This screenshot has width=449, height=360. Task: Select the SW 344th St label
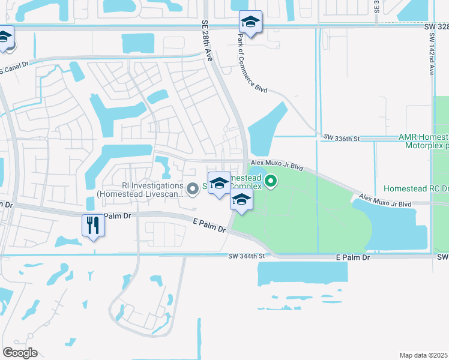[x=246, y=256]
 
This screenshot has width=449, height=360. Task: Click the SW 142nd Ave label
[x=431, y=53]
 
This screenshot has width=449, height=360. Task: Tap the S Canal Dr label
[x=10, y=68]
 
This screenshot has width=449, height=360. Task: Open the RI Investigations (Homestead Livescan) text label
[x=141, y=190]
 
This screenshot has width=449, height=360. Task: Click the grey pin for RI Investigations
[x=193, y=189]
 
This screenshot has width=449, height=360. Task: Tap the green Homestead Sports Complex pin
[x=271, y=180]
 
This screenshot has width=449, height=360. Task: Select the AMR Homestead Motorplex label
[x=424, y=141]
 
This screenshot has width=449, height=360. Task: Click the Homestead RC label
[x=416, y=188]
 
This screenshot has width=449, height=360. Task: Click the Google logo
[x=20, y=353]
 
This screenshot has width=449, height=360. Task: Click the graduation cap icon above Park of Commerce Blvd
[x=250, y=23]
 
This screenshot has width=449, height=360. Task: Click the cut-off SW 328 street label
[x=439, y=27]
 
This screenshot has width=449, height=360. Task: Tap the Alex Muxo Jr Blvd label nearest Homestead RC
[x=385, y=200]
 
